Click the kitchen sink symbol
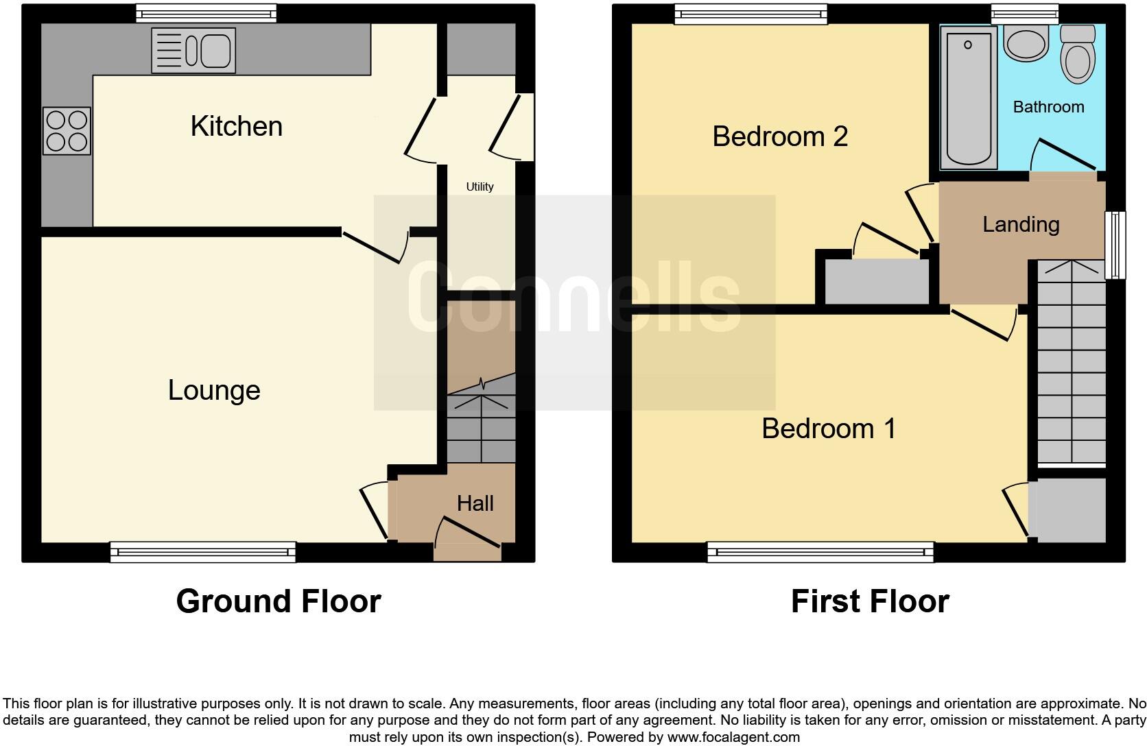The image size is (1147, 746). point(193,50)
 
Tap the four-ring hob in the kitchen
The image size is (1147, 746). point(67,131)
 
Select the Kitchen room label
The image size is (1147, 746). point(237,126)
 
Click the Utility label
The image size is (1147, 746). point(480,186)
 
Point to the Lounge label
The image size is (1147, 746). point(214,390)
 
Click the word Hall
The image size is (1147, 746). point(475,503)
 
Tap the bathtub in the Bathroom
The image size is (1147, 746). point(968,97)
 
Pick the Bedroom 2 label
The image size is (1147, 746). point(780,136)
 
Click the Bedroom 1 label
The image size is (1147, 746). point(828,429)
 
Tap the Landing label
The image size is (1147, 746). point(1021,224)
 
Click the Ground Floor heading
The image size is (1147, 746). point(278,601)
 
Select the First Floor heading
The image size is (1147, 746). point(869,601)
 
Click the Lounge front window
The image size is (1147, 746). point(203,552)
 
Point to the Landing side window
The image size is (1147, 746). point(1115,245)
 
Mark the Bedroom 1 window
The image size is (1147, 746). point(820,552)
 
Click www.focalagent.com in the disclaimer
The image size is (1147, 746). point(733,738)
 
